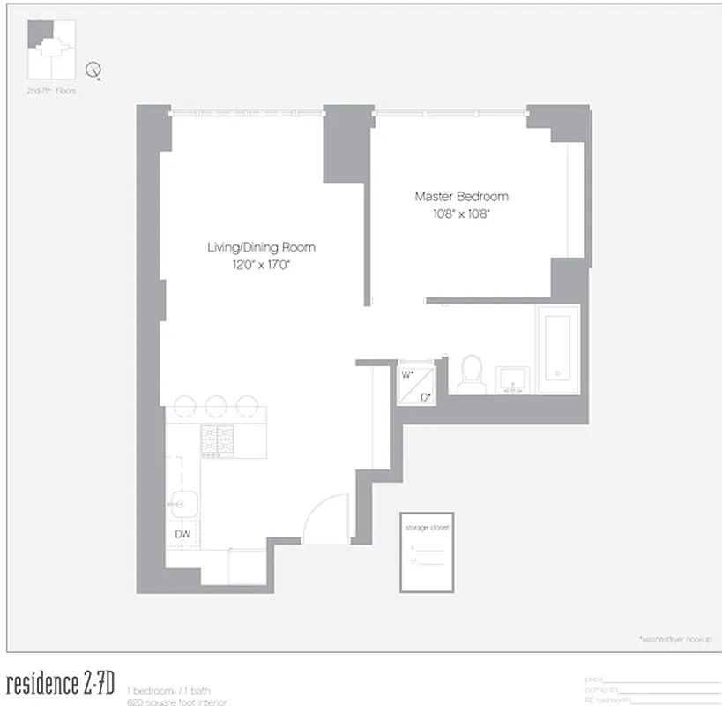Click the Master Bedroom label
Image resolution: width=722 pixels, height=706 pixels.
[x=461, y=197]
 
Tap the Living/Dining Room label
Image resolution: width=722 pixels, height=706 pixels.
[x=261, y=247]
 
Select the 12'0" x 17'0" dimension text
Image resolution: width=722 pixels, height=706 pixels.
[x=261, y=264]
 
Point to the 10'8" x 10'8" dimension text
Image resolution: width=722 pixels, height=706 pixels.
[x=461, y=214]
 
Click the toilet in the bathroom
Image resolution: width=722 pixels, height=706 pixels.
[x=472, y=374]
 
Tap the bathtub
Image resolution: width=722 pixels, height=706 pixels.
[x=558, y=349]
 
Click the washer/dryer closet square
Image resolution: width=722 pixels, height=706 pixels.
[x=415, y=385]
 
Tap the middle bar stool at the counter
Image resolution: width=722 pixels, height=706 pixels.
[x=217, y=406]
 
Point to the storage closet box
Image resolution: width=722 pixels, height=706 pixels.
[x=428, y=552]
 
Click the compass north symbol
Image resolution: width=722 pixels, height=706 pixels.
[x=93, y=70]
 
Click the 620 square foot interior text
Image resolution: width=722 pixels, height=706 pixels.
[x=176, y=702]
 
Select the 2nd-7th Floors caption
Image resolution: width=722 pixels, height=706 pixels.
[x=51, y=91]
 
